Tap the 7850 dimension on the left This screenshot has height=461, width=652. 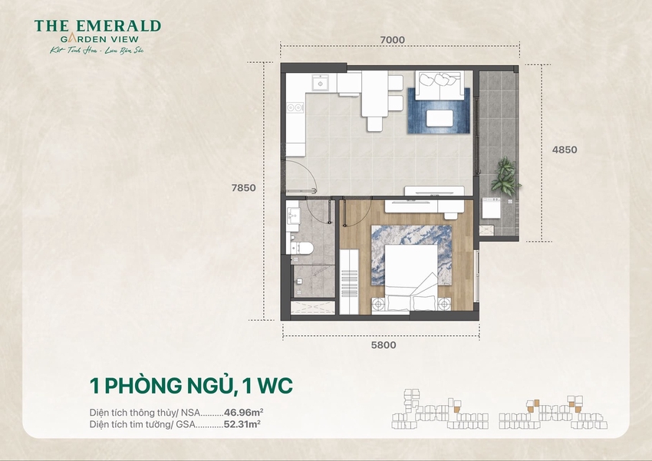click(x=245, y=187)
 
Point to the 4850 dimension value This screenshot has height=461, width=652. click(x=564, y=150)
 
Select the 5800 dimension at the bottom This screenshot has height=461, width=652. click(x=383, y=345)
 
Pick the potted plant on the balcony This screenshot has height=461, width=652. click(x=505, y=176)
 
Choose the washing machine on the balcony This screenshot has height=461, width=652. click(x=491, y=210)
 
